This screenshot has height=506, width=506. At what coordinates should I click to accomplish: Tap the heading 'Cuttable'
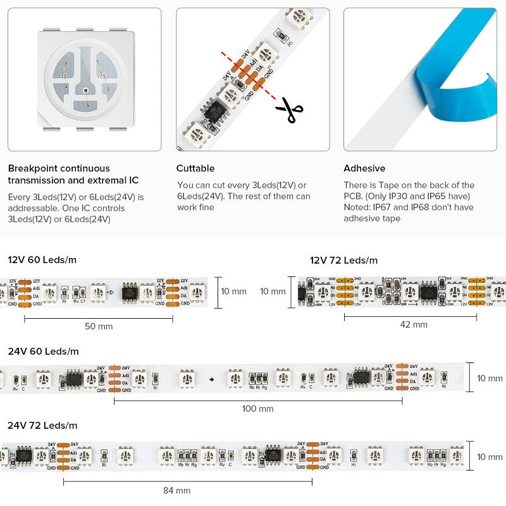(195, 168)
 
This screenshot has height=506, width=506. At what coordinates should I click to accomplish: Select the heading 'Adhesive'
(364, 168)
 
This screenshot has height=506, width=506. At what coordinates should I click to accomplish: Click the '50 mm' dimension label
(99, 326)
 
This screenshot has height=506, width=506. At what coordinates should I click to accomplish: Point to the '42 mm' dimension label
(414, 324)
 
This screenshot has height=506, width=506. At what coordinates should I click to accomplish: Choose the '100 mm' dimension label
(258, 409)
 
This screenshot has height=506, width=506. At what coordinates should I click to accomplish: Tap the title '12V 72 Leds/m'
(343, 260)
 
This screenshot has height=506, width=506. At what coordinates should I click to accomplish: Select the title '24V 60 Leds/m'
(43, 351)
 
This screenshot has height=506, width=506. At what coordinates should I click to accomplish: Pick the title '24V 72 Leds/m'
(42, 425)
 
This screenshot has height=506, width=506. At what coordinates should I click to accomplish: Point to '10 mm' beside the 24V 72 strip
(490, 457)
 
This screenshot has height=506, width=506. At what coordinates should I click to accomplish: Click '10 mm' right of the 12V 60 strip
(233, 292)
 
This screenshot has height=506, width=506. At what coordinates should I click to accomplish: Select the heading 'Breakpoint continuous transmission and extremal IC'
(73, 174)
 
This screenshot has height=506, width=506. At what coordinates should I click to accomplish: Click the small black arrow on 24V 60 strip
(212, 379)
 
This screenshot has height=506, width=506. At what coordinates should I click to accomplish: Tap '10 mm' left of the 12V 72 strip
(273, 292)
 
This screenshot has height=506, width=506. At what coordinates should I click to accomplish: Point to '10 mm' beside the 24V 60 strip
(490, 378)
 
